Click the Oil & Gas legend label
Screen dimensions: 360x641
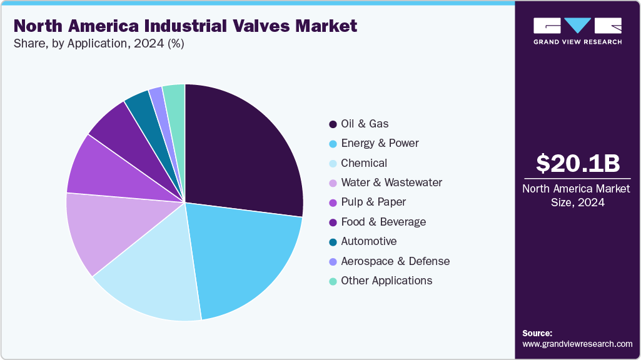pos(365,124)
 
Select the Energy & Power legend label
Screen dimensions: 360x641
pos(380,143)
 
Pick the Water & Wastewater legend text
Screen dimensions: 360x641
pos(391,182)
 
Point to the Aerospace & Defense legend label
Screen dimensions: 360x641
pos(395,261)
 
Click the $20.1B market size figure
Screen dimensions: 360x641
pos(578,163)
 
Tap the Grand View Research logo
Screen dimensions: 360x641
pos(578,31)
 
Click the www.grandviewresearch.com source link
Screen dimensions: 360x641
pos(577,344)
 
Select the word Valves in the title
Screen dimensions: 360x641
pos(250,26)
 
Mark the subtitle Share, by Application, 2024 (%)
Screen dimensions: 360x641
pos(99,44)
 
